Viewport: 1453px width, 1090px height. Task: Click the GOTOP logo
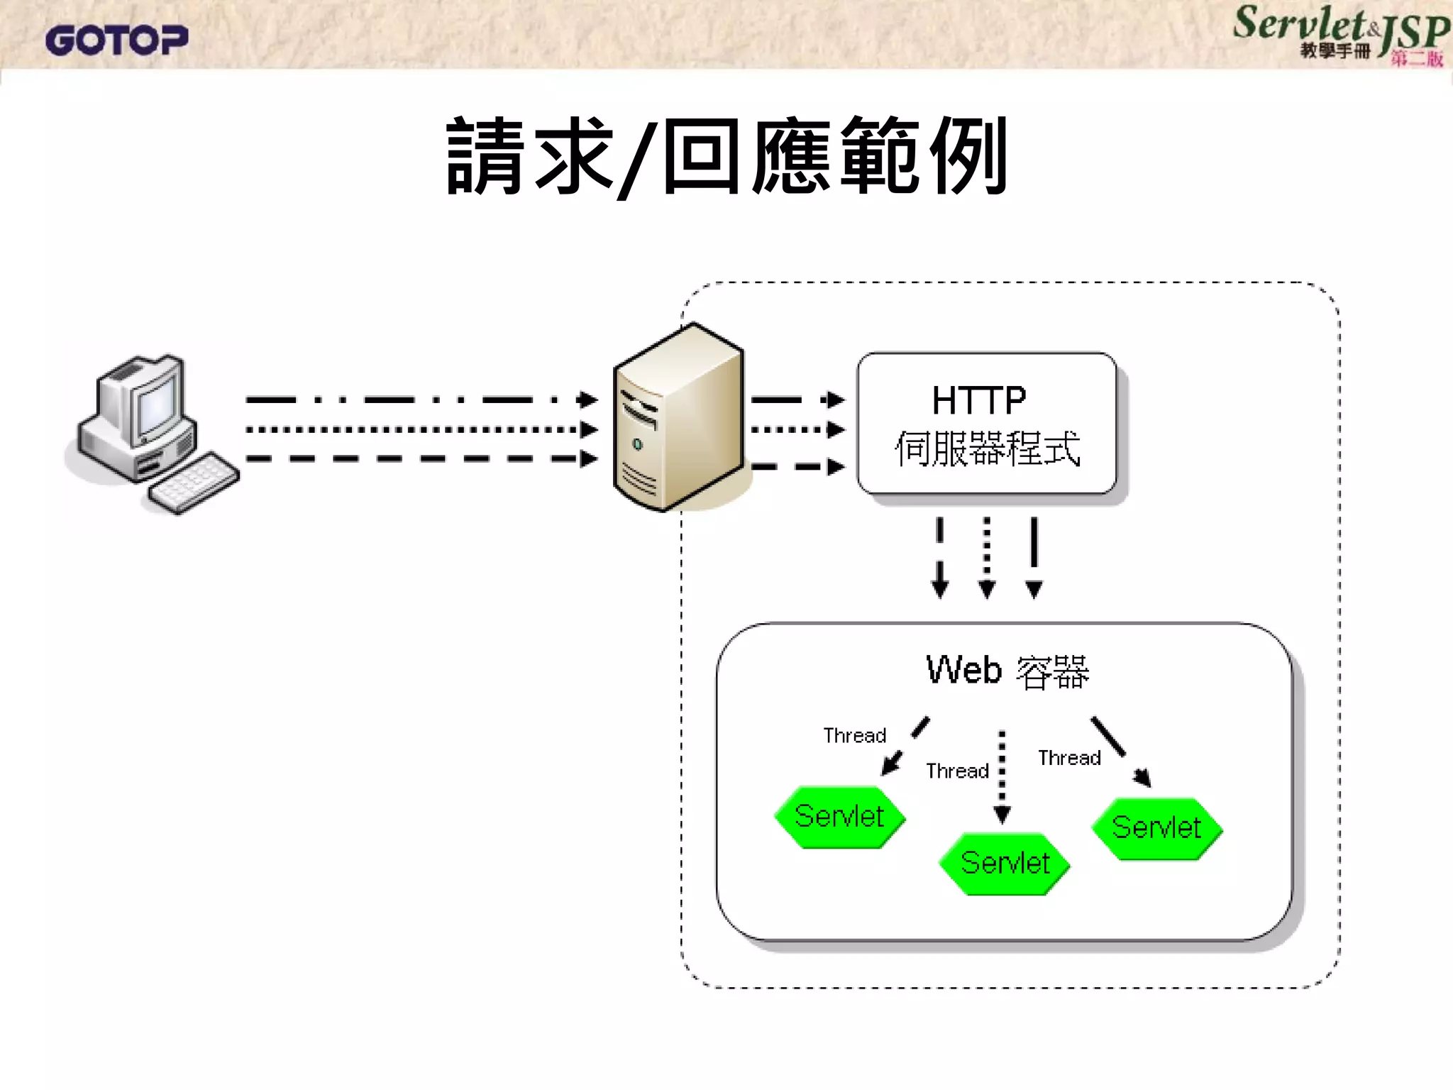click(117, 40)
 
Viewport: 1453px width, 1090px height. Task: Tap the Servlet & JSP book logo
click(1341, 34)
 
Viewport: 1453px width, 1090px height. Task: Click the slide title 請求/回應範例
click(726, 156)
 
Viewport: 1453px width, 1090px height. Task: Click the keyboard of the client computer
click(193, 483)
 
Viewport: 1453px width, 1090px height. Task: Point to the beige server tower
click(678, 419)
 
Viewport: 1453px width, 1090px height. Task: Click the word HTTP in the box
click(979, 400)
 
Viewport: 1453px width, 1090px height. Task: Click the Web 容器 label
click(1007, 671)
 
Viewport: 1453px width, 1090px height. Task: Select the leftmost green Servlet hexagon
click(839, 817)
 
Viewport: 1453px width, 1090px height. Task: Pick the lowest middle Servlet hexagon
click(1005, 864)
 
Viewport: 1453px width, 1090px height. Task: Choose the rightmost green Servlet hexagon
click(1156, 828)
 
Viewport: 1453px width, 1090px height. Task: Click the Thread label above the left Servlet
click(855, 735)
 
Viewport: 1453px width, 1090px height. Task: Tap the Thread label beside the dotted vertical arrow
click(957, 771)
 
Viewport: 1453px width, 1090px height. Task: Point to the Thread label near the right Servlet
click(1069, 758)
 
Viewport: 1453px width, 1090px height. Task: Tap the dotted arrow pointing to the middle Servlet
click(1002, 776)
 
